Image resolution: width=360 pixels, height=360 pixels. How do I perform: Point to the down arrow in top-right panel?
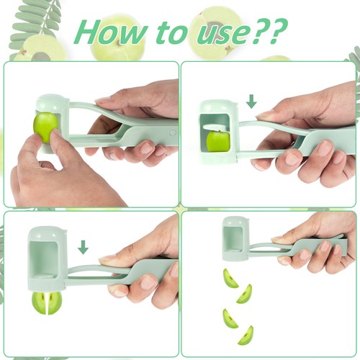point(251,102)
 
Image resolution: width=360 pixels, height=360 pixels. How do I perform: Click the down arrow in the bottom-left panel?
point(84,247)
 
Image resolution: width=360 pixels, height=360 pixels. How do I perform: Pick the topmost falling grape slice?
point(230,278)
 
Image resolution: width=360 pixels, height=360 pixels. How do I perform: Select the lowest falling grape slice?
point(246,335)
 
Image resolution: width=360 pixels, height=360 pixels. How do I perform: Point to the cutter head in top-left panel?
point(52,119)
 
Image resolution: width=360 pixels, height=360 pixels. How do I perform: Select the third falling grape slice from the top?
point(230,318)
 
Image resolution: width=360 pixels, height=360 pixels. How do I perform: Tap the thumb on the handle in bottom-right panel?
point(288,238)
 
